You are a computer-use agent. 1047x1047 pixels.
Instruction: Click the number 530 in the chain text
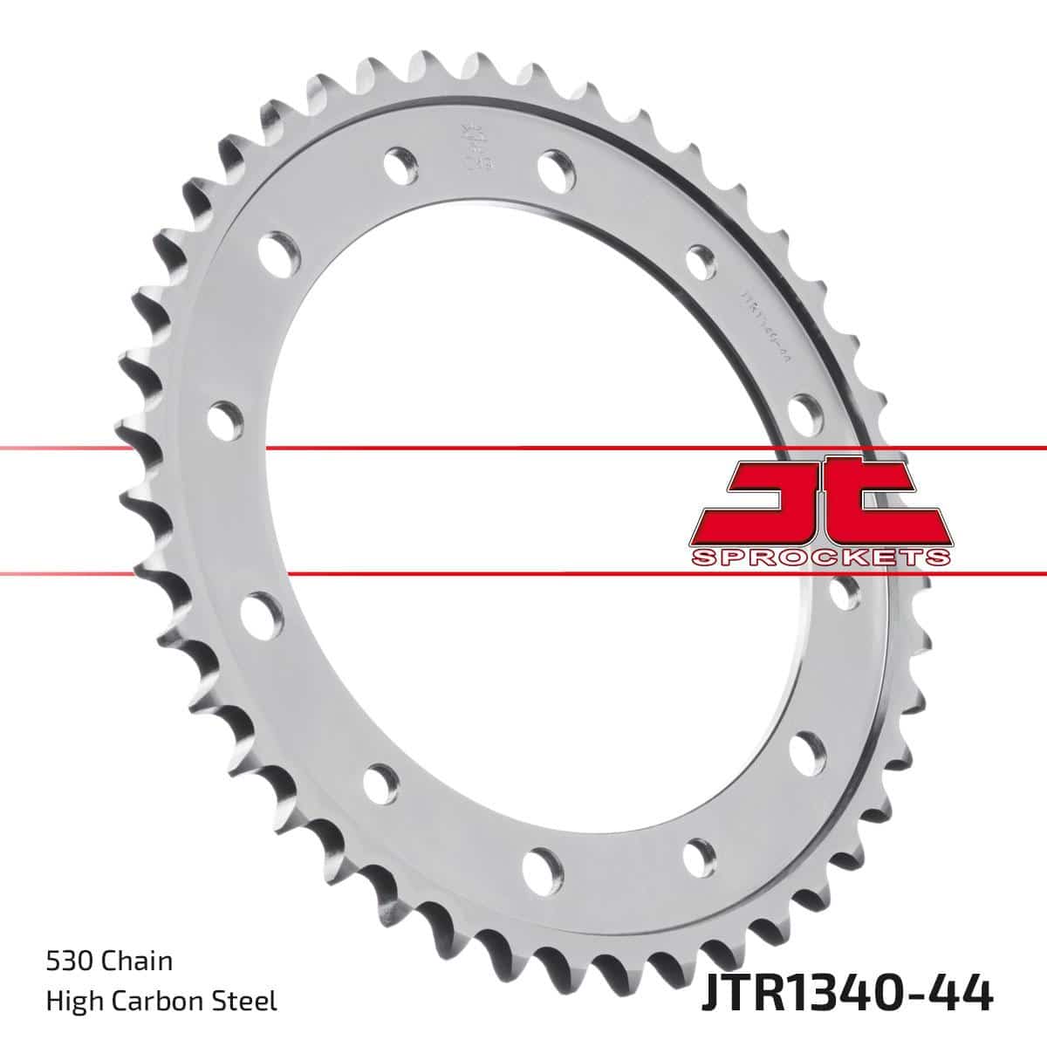point(62,962)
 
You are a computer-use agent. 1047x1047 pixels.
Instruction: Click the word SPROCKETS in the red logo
point(818,558)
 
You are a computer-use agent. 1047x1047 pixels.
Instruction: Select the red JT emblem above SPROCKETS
point(818,502)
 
